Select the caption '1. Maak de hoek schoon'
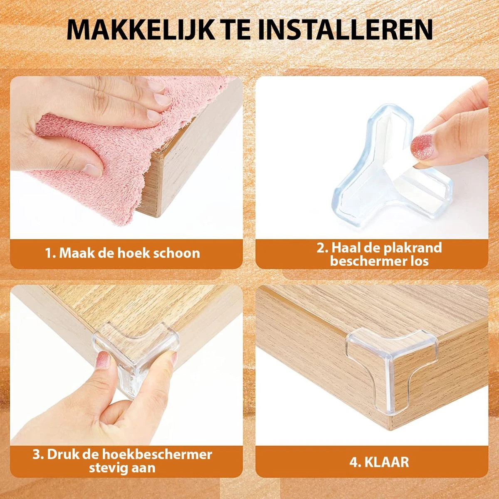click(x=123, y=253)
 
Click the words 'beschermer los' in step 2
click(x=379, y=261)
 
